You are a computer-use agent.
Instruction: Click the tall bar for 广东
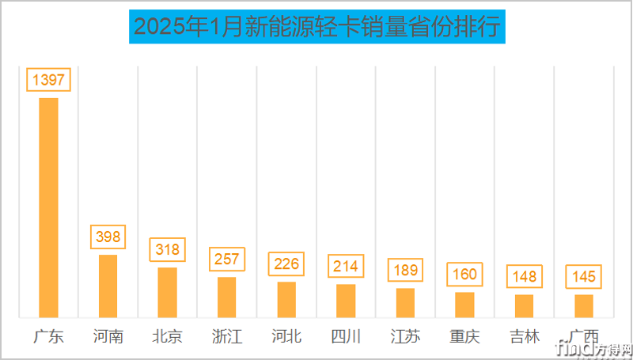[x=49, y=207]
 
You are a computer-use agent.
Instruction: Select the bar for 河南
[x=108, y=286]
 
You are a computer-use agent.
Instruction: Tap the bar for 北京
[x=168, y=292]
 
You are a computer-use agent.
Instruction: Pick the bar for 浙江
[x=227, y=297]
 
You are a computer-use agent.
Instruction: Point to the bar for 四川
[x=346, y=301]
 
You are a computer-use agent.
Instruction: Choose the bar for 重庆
[x=464, y=305]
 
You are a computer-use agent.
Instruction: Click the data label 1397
[x=49, y=80]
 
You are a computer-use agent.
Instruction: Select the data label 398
[x=108, y=237]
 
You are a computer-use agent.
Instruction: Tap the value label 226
[x=286, y=263]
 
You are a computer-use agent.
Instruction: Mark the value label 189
[x=405, y=270]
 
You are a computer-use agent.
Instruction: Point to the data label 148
[x=524, y=276]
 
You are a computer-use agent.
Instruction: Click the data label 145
[x=583, y=277]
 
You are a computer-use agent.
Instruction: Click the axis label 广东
[x=49, y=336]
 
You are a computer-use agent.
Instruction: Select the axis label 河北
[x=286, y=336]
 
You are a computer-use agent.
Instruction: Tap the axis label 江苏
[x=405, y=336]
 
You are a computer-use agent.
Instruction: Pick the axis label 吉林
[x=524, y=336]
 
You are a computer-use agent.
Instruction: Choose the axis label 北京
[x=168, y=336]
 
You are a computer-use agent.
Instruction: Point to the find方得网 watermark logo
[x=593, y=347]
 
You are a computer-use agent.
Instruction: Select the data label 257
[x=227, y=260]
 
